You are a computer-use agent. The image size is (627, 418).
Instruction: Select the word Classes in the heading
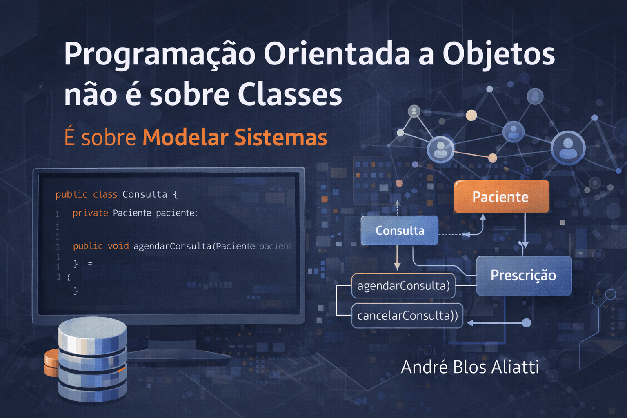(x=290, y=95)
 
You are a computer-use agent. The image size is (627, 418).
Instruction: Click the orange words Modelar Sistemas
(x=235, y=138)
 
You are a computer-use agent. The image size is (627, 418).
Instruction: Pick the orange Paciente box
(x=501, y=197)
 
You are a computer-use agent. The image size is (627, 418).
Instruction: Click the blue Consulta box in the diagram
(x=399, y=231)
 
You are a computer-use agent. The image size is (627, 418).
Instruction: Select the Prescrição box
(x=524, y=276)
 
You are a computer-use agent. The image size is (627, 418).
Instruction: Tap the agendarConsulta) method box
(x=403, y=286)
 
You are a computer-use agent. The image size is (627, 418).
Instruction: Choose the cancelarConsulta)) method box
(x=407, y=316)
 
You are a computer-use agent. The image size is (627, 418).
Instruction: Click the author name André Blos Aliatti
(x=470, y=367)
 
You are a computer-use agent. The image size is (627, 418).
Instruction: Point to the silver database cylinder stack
(x=92, y=359)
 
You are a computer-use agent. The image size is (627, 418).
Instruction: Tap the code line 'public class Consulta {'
(x=116, y=194)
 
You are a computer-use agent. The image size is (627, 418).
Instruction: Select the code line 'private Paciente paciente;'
(x=135, y=213)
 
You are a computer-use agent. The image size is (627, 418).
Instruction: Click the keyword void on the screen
(x=118, y=246)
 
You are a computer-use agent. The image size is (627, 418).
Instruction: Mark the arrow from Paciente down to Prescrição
(x=525, y=231)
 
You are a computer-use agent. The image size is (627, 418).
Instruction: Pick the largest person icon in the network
(x=568, y=147)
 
